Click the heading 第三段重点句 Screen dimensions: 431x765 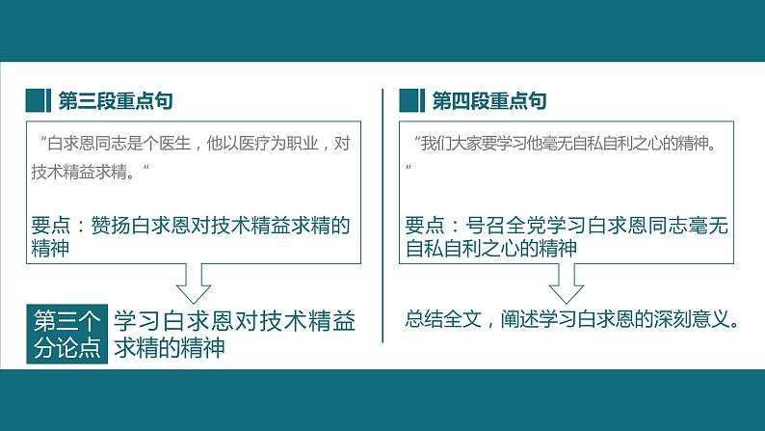coord(116,101)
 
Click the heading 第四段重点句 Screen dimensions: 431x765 coord(489,101)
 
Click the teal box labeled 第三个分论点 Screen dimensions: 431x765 coord(66,334)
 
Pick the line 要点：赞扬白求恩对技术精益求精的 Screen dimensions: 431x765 coord(190,226)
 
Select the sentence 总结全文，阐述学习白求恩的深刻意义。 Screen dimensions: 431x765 coord(572,318)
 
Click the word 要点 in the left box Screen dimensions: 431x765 coord(51,226)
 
